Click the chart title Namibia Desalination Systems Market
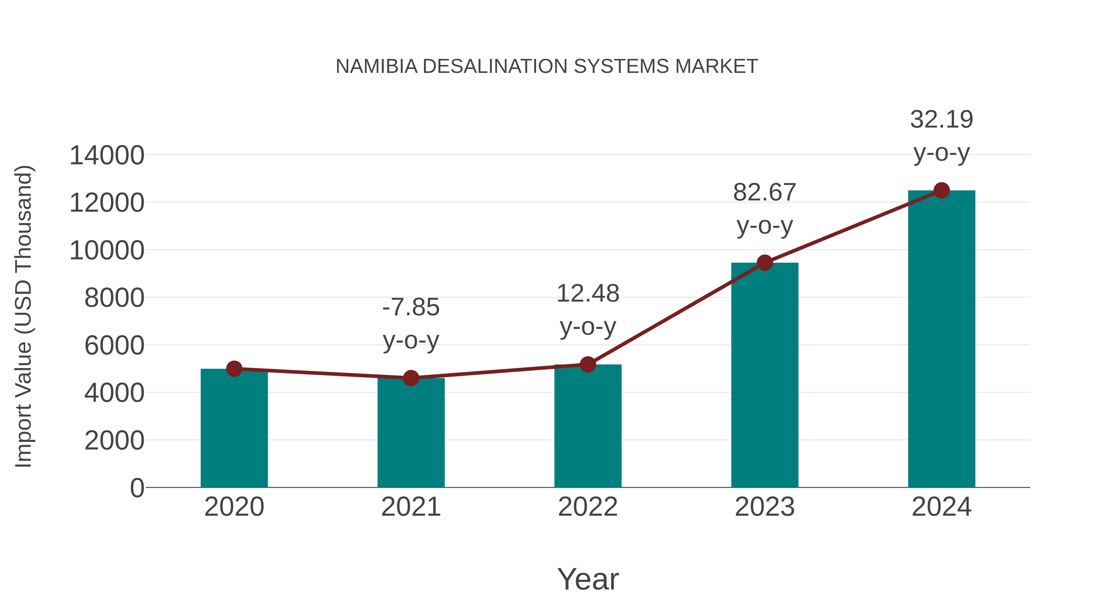point(547,67)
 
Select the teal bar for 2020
point(234,429)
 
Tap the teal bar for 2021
point(411,433)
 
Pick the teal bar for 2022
point(588,427)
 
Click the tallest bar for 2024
point(941,340)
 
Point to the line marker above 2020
point(234,369)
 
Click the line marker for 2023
point(765,263)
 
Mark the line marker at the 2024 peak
point(941,190)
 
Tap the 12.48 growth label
point(588,310)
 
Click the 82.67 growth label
point(765,209)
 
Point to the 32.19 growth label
point(941,136)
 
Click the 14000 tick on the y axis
point(107,155)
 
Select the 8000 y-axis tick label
point(114,298)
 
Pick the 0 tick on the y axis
point(137,488)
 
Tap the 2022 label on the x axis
point(588,507)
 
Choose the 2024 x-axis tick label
point(941,507)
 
